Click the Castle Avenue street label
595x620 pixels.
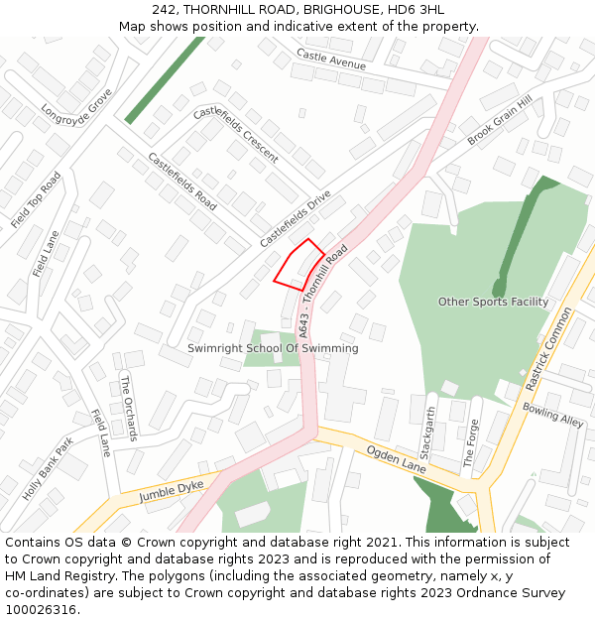[331, 60]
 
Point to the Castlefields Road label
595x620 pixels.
[182, 181]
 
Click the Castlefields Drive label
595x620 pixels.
[296, 219]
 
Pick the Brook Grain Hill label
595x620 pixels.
[500, 121]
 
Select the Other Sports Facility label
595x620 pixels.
[493, 302]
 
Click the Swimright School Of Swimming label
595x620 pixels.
[273, 349]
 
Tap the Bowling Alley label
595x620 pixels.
[553, 415]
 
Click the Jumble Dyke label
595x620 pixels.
[171, 490]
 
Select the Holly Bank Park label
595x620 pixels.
[48, 467]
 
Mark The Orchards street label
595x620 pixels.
[128, 408]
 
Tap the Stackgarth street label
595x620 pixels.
[428, 436]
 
